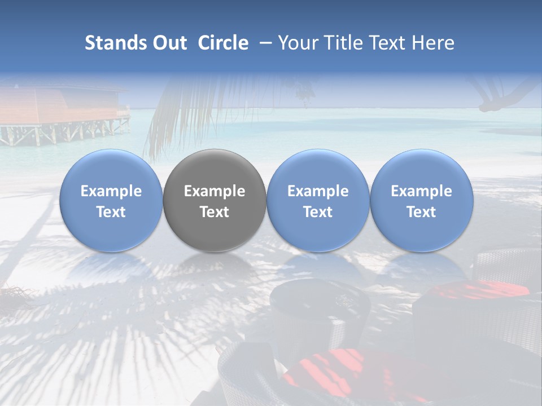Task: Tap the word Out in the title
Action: pyautogui.click(x=168, y=43)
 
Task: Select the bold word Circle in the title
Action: pyautogui.click(x=223, y=43)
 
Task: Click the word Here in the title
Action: pyautogui.click(x=434, y=43)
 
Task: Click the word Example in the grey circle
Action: pyautogui.click(x=215, y=191)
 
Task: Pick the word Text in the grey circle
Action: pyautogui.click(x=215, y=212)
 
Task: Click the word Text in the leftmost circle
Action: pyautogui.click(x=111, y=212)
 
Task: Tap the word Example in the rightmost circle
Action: pyautogui.click(x=421, y=191)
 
